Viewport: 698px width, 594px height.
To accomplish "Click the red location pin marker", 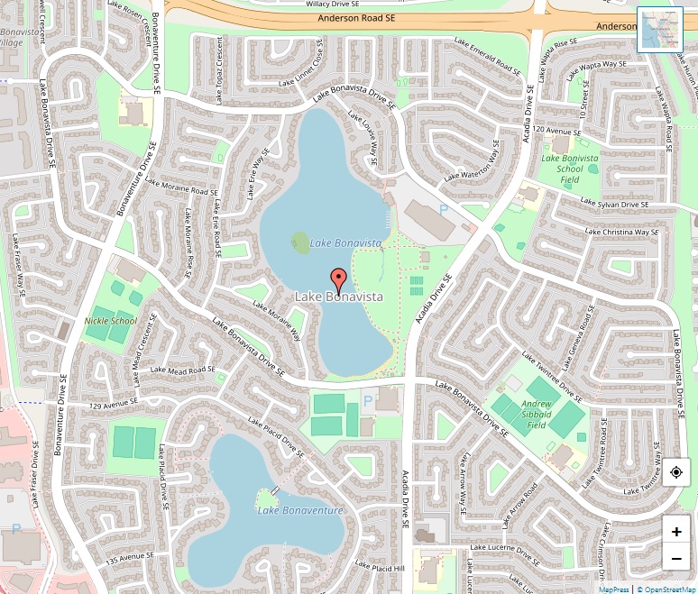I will click(338, 280).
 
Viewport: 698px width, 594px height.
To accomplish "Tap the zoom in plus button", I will click(676, 531).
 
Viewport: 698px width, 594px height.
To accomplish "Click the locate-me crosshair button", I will click(676, 472).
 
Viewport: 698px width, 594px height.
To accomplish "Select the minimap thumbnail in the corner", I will click(660, 30).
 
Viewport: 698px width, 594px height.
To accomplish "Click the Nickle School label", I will click(111, 321).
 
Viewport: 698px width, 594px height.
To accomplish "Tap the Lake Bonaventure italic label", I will click(300, 511).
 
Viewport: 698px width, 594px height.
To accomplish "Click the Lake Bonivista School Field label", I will click(569, 169).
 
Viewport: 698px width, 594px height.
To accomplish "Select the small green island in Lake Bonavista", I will click(300, 241).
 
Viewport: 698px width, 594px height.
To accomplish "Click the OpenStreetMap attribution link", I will click(666, 589).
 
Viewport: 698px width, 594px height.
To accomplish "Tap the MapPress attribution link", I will click(614, 589).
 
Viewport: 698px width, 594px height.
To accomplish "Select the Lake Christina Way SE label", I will click(623, 233).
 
